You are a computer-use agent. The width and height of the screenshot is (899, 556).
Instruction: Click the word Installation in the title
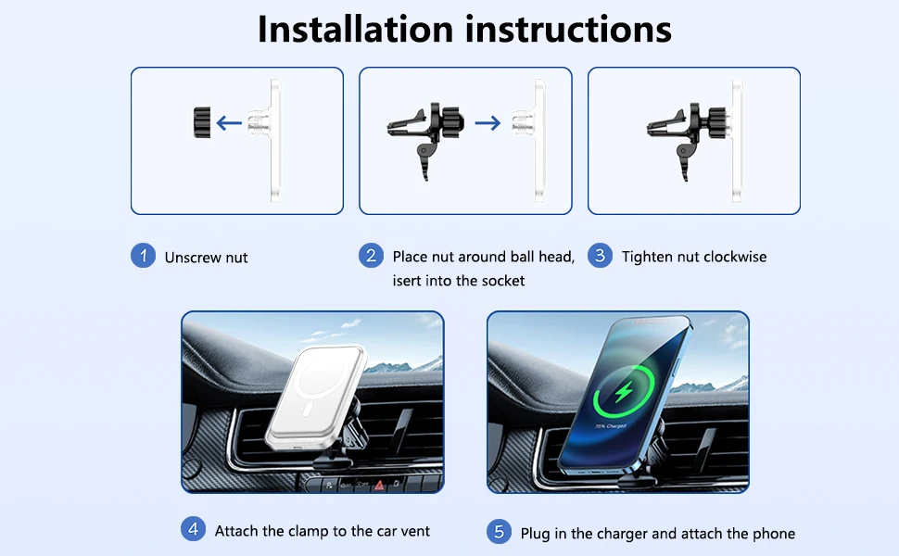click(356, 29)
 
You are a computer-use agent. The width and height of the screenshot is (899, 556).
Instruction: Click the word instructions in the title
click(568, 29)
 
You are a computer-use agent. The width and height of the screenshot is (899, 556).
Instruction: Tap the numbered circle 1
click(144, 255)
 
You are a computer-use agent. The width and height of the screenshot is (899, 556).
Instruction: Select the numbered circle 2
click(371, 255)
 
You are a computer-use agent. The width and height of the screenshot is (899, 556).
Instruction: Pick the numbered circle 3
click(600, 255)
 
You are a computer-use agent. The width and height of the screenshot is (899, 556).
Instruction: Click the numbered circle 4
click(193, 528)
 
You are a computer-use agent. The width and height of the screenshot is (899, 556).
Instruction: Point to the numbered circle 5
click(499, 531)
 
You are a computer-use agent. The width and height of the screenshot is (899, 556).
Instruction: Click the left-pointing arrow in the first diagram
click(229, 122)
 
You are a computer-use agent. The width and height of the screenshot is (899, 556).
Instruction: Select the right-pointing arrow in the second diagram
click(487, 122)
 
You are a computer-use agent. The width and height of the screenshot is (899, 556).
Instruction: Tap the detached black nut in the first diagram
click(202, 122)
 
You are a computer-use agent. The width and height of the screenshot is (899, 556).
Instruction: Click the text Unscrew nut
click(206, 258)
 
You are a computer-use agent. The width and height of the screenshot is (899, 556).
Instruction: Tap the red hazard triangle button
click(379, 485)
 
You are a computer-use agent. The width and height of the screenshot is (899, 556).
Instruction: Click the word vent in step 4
click(415, 531)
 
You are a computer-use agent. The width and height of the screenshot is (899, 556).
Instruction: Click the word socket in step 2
click(503, 280)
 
